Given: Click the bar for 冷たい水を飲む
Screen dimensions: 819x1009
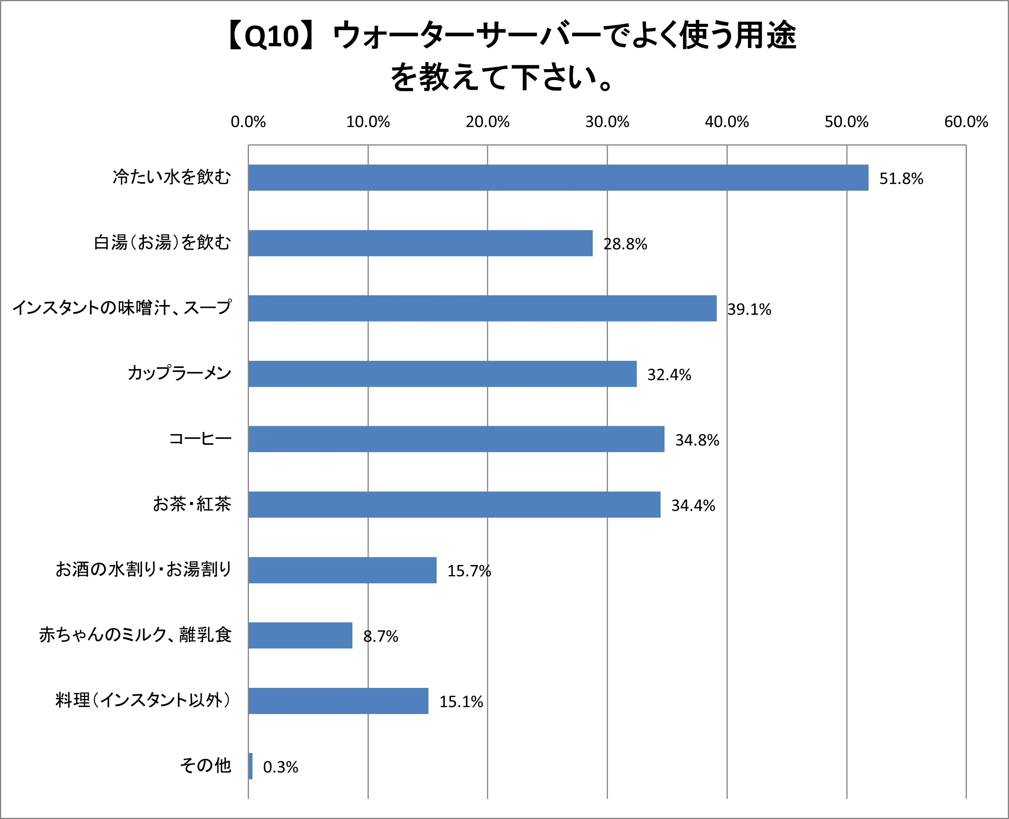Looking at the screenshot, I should (558, 178).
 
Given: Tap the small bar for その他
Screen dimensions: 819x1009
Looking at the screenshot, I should (250, 766).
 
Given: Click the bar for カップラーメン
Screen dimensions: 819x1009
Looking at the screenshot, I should (442, 374).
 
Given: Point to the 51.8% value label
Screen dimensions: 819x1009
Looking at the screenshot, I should (901, 179).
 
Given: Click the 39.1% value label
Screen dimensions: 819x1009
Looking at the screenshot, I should (749, 309).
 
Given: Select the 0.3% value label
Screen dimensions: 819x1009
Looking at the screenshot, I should (281, 767).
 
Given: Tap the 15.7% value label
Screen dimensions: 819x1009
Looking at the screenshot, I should (469, 571).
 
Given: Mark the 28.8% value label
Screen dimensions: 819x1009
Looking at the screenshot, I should (625, 244).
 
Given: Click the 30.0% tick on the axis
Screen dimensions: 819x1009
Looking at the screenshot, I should (607, 122).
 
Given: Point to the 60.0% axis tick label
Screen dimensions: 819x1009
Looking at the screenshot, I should (966, 122).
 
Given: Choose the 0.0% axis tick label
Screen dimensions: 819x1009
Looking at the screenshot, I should (248, 122).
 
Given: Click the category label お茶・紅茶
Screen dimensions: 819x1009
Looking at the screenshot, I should (192, 504).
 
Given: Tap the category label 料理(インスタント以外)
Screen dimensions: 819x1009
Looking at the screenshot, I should (143, 700).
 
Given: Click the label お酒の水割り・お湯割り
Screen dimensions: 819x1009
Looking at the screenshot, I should (144, 569).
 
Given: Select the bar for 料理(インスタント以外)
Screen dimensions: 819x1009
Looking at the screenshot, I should (338, 701).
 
